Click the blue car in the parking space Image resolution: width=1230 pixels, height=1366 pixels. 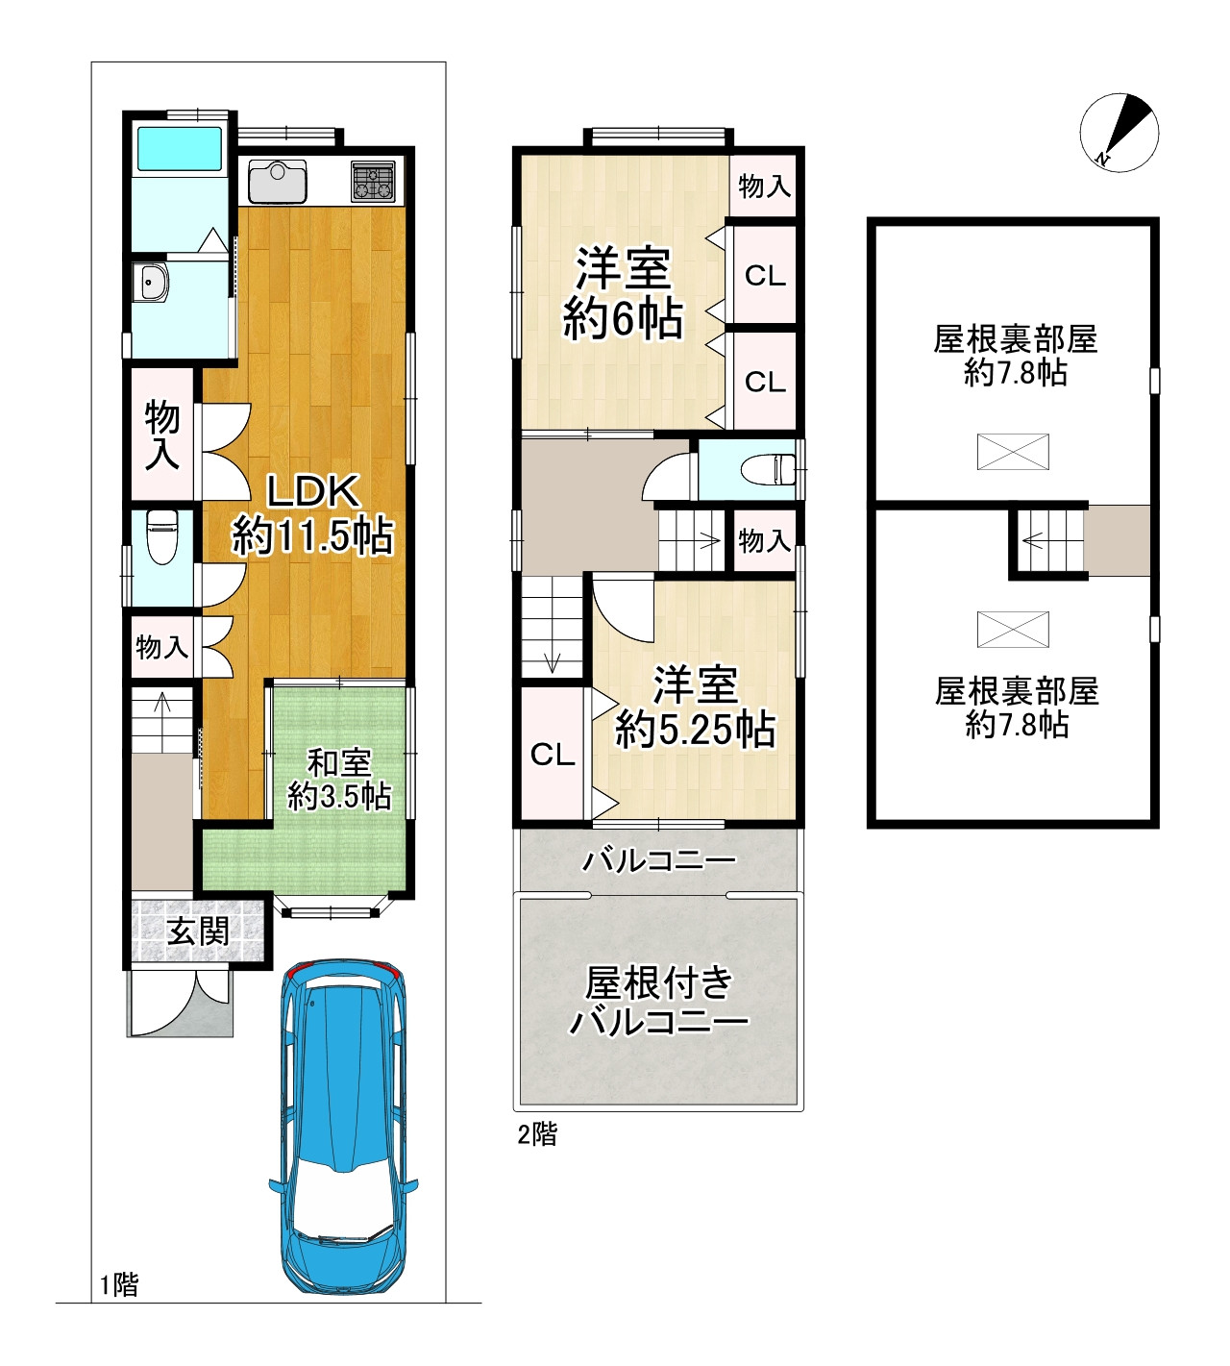coord(344,1127)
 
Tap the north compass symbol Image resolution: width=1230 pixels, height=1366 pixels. coord(1119,132)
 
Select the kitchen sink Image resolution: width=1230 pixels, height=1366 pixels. coord(278,181)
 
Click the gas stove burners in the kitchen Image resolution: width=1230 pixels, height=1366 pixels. coord(373,182)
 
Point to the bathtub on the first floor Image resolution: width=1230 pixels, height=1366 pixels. coord(181,148)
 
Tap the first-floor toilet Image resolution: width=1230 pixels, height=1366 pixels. coord(162,536)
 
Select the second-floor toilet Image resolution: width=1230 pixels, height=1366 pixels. coord(768,469)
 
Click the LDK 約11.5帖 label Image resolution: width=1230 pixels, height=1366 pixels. coord(312,514)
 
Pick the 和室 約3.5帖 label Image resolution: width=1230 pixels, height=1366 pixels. coord(339,780)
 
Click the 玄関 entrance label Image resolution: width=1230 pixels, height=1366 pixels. coord(198,931)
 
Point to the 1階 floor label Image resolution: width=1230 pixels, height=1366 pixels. coord(119,1285)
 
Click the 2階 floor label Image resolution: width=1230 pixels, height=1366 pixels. coord(537,1133)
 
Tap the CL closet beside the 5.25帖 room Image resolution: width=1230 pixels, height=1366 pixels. coord(553,755)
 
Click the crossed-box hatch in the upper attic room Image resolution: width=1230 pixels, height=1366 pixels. coord(1013,452)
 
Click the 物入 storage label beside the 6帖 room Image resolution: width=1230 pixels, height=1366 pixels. coord(764,186)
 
